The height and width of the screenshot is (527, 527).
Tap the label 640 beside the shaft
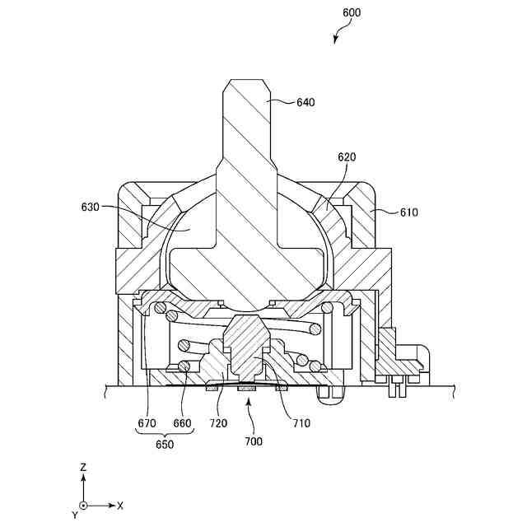(x=305, y=103)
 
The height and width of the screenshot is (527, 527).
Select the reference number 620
(x=347, y=156)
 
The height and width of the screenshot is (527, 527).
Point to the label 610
(x=408, y=212)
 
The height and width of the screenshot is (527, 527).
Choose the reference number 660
(x=182, y=424)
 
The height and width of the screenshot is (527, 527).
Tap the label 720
(x=218, y=424)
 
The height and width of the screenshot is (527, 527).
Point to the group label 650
(x=165, y=445)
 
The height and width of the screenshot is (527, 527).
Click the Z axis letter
(x=83, y=467)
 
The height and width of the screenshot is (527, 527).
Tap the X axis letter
(x=120, y=505)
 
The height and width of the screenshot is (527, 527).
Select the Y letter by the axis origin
(x=74, y=515)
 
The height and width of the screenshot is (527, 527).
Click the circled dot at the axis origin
(x=83, y=505)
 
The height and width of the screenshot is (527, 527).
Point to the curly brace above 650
(x=165, y=433)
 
